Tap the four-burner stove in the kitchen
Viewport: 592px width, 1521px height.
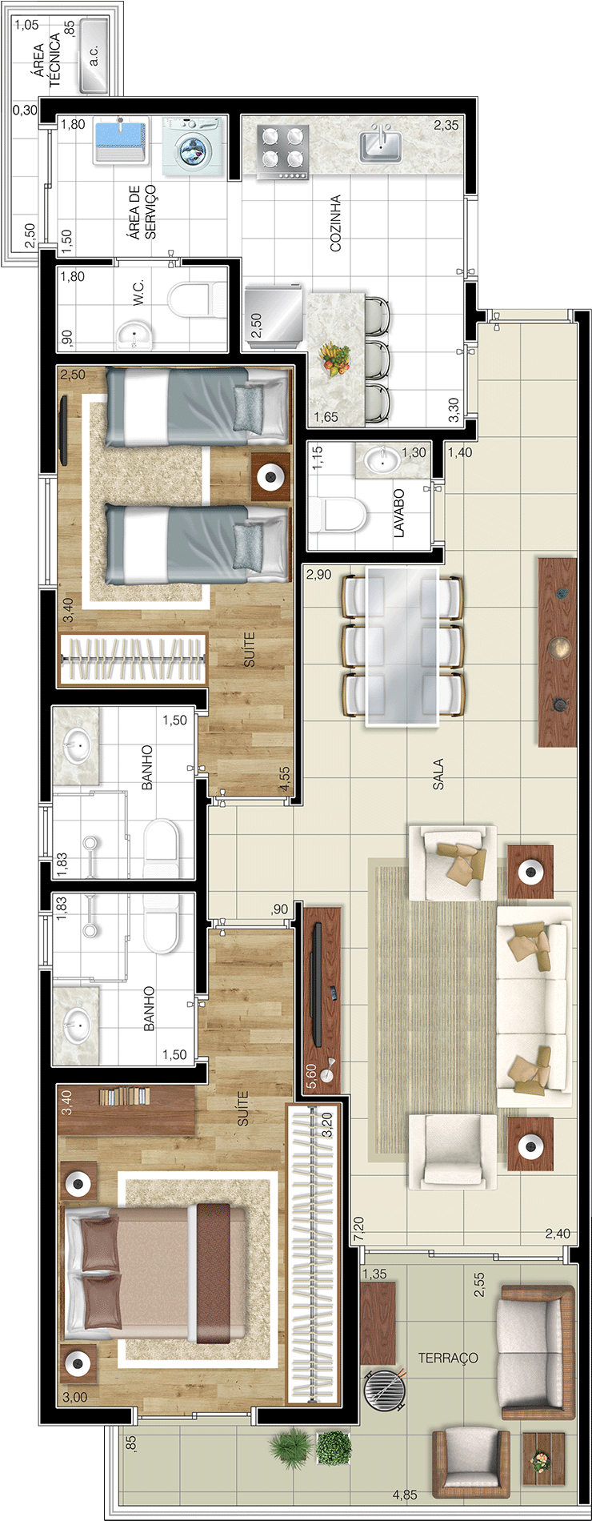point(283,152)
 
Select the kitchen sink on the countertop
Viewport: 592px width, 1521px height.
point(380,144)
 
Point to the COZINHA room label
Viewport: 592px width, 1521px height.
point(335,223)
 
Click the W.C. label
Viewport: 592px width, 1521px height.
point(139,291)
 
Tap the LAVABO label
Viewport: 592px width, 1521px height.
point(398,512)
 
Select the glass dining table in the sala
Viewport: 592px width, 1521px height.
point(402,647)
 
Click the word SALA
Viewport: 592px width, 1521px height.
point(438,774)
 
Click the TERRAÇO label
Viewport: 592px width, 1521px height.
point(448,1358)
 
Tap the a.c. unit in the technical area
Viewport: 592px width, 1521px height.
point(94,54)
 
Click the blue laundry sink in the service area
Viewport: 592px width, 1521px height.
point(121,141)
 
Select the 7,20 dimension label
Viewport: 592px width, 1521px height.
point(358,1229)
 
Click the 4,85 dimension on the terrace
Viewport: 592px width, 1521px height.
point(405,1494)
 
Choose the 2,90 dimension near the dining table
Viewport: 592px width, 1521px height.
point(318,575)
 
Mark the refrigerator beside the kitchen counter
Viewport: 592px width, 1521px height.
point(274,318)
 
